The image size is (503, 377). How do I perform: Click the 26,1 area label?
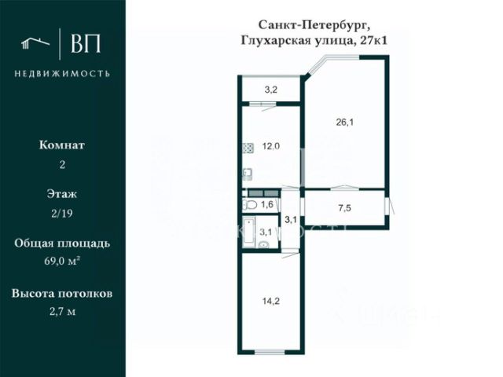point(344,122)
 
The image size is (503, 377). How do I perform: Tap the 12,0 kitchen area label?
point(271,146)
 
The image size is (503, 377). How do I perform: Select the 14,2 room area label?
point(271,298)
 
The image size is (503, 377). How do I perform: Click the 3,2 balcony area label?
point(270,90)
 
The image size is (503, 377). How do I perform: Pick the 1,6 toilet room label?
point(267,205)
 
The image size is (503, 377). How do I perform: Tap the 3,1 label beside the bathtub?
point(266,232)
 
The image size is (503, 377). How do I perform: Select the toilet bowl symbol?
point(250,205)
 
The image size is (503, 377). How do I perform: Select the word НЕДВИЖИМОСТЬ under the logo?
point(62,74)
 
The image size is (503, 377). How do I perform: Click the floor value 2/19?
point(62,213)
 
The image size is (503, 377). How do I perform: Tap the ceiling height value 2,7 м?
point(62,311)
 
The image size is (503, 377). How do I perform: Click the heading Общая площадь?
point(62,243)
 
